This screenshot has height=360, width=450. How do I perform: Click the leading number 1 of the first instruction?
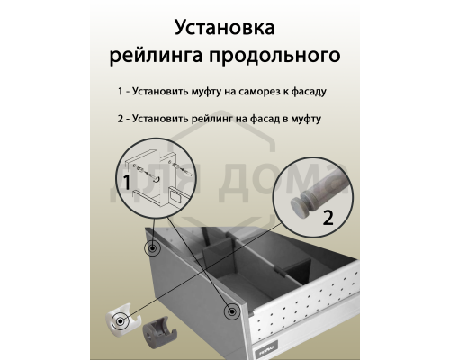[x=120, y=93]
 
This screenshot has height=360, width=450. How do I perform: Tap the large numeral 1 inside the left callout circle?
[x=128, y=184]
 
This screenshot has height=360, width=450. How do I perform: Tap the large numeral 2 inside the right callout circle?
[x=327, y=216]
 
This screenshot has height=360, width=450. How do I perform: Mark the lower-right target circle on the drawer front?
[x=233, y=310]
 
